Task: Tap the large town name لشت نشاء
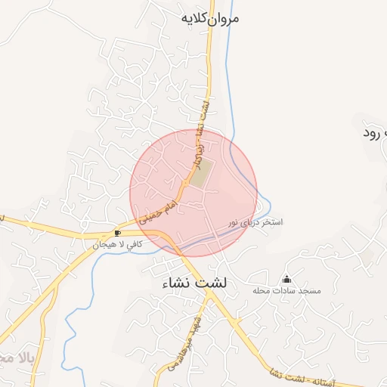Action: tap(200, 284)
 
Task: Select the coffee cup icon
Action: tap(117, 233)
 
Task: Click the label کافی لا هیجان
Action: tap(117, 245)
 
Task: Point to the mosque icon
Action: tap(286, 279)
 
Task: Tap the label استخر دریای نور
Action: tap(256, 223)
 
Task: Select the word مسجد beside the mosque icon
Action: tap(311, 291)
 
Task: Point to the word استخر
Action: tap(272, 223)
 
